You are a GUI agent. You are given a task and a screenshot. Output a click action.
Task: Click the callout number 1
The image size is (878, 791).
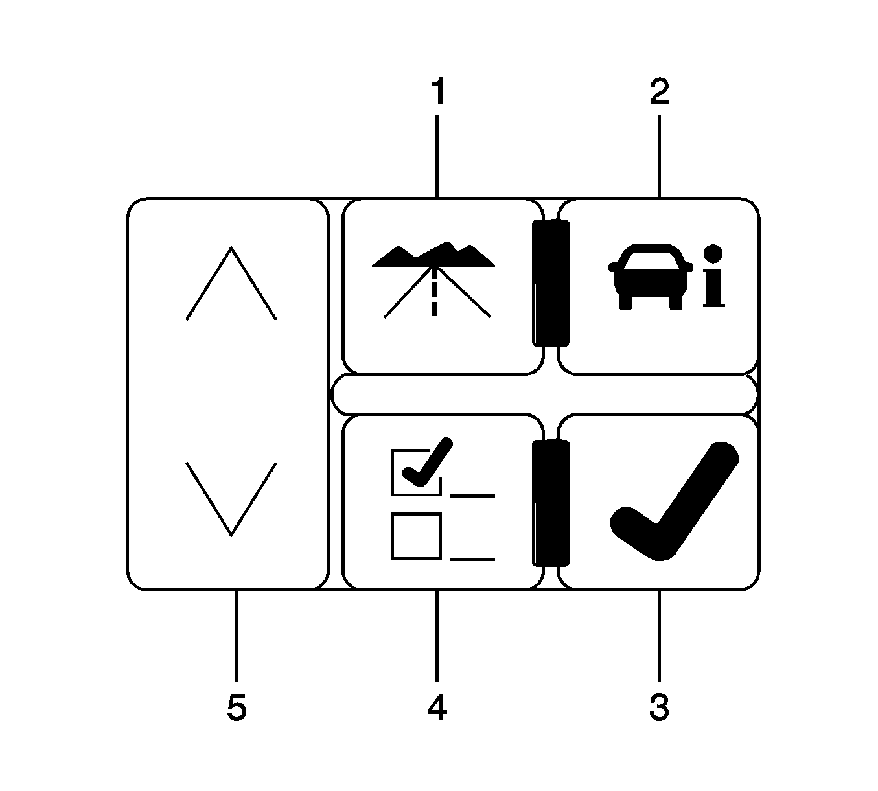pos(438,91)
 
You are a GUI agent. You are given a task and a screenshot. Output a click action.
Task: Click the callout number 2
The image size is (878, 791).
pos(659,91)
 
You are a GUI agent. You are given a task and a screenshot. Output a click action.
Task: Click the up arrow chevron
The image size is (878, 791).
pos(231,283)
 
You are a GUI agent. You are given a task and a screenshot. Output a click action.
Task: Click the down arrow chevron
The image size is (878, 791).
pos(231,499)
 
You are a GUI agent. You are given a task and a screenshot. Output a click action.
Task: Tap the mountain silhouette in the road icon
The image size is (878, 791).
pos(433,255)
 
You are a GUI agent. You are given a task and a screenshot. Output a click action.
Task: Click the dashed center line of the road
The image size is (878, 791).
pos(433,292)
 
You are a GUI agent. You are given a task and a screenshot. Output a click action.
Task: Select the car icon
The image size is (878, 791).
pos(651,277)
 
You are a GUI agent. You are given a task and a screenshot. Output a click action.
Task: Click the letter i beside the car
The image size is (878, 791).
pos(714,275)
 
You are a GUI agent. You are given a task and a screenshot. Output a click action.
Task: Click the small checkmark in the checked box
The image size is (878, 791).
pos(428,462)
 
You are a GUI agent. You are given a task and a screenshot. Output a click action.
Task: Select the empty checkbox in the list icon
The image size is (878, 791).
pos(416,536)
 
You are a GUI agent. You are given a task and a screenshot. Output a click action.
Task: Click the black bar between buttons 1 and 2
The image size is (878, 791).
pos(551,283)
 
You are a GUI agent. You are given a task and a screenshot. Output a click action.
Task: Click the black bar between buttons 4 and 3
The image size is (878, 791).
pos(551,503)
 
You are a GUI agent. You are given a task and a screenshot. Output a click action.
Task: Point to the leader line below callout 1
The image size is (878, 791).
pos(437,156)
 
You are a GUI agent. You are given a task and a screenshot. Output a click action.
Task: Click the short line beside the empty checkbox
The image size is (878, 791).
pos(473,559)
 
